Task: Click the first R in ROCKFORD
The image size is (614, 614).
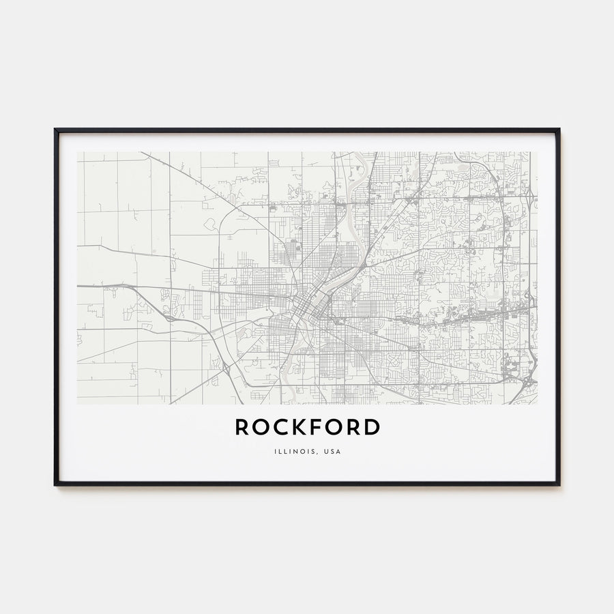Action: pyautogui.click(x=242, y=428)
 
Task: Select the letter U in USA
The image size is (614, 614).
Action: pyautogui.click(x=327, y=452)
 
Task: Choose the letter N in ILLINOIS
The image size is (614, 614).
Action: pyautogui.click(x=294, y=452)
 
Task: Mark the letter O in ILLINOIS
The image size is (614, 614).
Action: pyautogui.click(x=301, y=452)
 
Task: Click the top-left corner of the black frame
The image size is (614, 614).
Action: pyautogui.click(x=55, y=129)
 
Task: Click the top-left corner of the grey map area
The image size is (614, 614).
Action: pyautogui.click(x=78, y=152)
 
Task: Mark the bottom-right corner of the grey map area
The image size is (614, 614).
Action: pyautogui.click(x=537, y=404)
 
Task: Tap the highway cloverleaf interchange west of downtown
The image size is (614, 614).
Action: pyautogui.click(x=168, y=317)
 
